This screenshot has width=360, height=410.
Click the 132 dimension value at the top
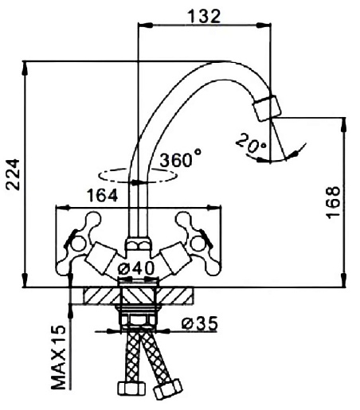[204, 16]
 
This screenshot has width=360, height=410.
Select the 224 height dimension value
[13, 174]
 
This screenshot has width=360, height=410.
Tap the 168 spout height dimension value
[333, 202]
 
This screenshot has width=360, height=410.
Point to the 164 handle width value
[103, 196]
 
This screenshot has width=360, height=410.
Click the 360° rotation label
[180, 158]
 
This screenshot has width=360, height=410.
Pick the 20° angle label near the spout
[251, 144]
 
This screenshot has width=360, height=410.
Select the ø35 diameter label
[200, 323]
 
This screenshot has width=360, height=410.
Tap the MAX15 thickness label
[58, 357]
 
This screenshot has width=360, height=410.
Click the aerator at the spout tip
[267, 108]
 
